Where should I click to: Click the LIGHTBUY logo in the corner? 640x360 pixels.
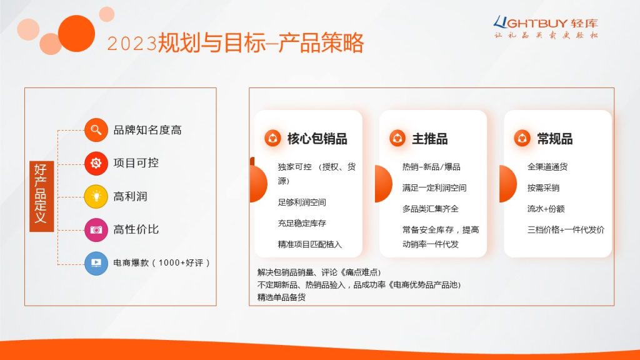546,27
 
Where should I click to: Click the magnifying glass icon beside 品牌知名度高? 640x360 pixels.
96,130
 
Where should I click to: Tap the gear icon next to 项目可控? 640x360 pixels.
96,163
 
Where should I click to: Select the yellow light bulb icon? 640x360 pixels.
96,196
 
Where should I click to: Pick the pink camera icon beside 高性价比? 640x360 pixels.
96,230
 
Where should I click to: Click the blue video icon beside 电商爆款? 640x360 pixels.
96,263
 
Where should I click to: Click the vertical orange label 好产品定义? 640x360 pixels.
42,196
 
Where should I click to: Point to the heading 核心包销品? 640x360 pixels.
317,139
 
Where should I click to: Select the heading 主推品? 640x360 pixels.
430,139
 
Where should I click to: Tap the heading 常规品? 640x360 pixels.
555,139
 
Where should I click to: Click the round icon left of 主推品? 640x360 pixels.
397,138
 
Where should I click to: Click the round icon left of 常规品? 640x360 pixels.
522,138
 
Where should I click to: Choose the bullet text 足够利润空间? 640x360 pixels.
302,202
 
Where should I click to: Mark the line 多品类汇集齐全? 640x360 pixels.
430,209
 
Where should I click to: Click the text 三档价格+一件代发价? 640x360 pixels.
566,230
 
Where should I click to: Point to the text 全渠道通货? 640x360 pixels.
547,167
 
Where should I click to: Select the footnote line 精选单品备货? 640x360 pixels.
281,297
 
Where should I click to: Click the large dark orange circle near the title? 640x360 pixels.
76,34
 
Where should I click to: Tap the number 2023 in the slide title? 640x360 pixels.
132,44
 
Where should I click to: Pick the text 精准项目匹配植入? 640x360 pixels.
310,244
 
